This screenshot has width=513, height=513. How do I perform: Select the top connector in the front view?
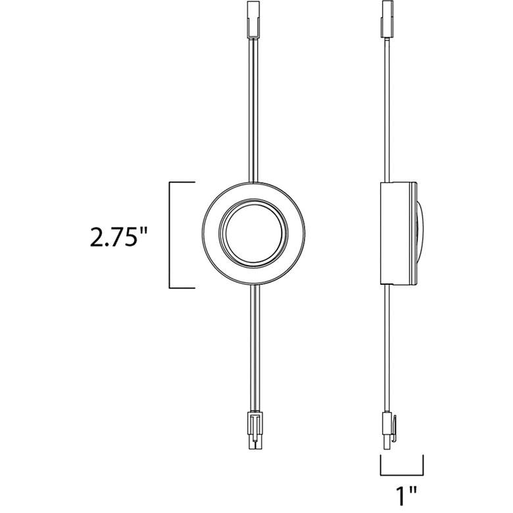point(254,18)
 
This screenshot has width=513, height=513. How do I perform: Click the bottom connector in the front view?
point(255,429)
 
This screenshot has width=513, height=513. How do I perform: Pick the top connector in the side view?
point(387,18)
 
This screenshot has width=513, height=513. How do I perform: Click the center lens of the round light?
point(254,232)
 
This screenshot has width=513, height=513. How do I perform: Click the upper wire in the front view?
point(254,109)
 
